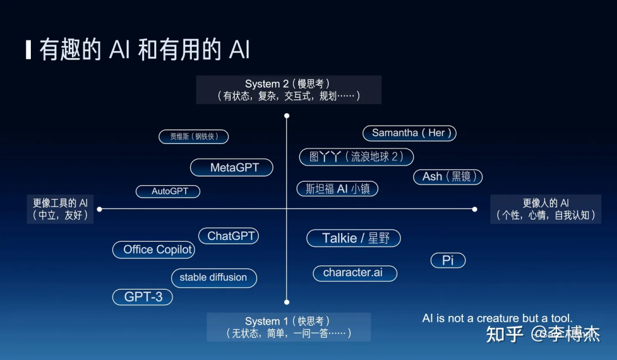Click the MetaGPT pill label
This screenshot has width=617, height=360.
point(231,167)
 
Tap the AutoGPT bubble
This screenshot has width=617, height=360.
point(168,191)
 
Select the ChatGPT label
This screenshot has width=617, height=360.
point(229,236)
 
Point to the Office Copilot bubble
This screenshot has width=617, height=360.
point(154,250)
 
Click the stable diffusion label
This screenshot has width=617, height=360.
point(214,278)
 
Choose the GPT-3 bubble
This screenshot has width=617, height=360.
point(142,297)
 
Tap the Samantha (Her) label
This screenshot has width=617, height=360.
point(410,133)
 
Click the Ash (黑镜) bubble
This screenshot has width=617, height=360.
point(448,177)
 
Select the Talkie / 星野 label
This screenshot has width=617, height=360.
point(354,238)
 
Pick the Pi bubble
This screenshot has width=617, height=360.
point(448,261)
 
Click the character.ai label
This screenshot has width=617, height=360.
point(355,273)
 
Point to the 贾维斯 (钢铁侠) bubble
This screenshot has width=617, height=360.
point(194,137)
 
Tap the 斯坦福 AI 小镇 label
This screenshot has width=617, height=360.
point(338,189)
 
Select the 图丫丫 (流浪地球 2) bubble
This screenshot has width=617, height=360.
point(356,157)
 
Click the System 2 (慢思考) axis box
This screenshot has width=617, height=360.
point(289,90)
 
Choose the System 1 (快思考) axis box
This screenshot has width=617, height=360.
point(289,327)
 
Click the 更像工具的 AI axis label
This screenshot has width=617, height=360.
point(60,209)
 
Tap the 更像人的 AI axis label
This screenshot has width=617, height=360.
point(546,209)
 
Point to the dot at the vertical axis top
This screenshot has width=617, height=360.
point(287,115)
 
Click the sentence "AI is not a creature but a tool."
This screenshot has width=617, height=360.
point(497,318)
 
